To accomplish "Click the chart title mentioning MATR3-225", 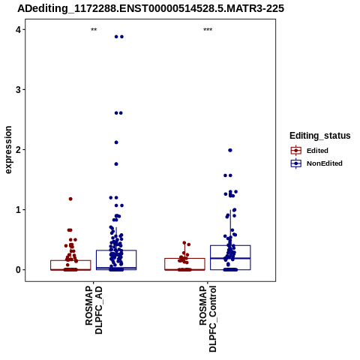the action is tap(151, 8).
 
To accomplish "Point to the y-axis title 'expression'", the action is tap(8, 150).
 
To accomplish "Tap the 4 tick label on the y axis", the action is tap(18, 30).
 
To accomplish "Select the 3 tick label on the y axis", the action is tap(18, 90).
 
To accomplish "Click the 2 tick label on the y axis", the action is tap(18, 150).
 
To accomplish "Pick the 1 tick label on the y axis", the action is tap(18, 210).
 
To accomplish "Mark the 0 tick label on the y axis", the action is tap(18, 270).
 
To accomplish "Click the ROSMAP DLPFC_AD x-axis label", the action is tap(94, 310).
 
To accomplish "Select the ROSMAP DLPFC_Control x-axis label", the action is tap(208, 319).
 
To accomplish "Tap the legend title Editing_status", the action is tap(320, 136).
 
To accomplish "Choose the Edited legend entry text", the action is tap(317, 151).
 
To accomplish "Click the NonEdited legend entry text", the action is tap(325, 163).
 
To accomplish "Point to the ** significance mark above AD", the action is tap(94, 30).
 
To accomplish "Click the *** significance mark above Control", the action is tap(208, 30).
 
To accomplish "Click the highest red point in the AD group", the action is tap(70, 199).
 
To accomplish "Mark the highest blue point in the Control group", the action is tap(230, 150).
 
